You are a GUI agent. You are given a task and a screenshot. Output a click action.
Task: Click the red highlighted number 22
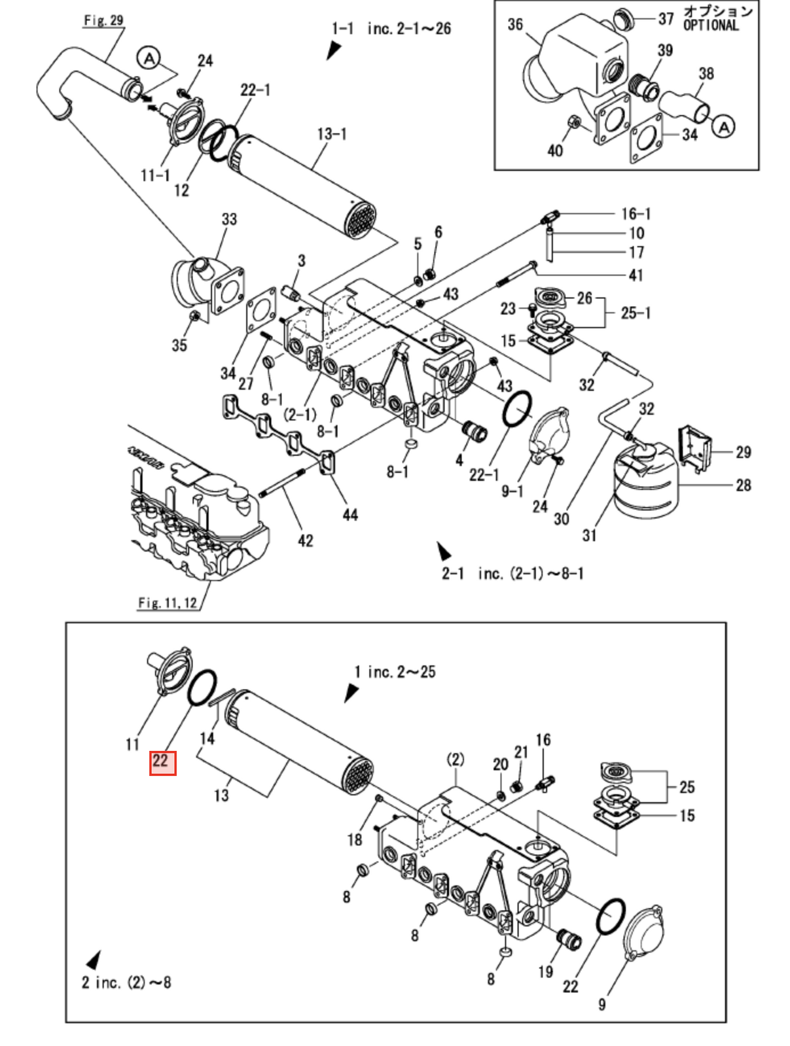point(162,763)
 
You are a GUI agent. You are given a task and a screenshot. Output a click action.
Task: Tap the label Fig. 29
point(103,20)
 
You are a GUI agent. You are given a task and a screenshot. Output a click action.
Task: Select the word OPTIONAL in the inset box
point(711,26)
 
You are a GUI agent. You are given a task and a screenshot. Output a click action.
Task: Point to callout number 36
point(515,24)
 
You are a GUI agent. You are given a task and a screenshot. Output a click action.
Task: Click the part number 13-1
point(332,134)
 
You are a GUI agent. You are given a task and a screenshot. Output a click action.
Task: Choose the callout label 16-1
point(636,213)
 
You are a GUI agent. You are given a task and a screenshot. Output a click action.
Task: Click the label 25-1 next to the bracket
point(636,313)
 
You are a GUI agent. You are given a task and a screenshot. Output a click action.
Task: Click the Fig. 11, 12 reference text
point(168,603)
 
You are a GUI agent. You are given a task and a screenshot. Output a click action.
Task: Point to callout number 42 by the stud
point(305,540)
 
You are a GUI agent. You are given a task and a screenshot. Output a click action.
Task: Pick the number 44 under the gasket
point(350,515)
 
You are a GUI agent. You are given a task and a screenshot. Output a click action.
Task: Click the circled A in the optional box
point(724,127)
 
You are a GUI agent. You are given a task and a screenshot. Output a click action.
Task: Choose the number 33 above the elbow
point(229,219)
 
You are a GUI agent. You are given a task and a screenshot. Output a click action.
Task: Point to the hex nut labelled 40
point(575,123)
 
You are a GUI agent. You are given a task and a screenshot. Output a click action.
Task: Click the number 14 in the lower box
point(207,739)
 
